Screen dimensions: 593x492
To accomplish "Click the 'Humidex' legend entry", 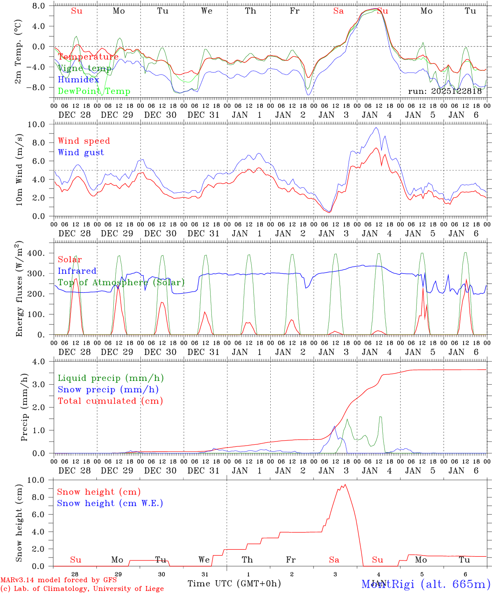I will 79,80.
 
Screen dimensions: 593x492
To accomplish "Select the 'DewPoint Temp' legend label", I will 94,91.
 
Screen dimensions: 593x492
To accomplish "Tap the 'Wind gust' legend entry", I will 81,152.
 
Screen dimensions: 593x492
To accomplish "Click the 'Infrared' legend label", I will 77,271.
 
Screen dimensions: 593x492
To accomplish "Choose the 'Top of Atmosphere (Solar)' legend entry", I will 121,282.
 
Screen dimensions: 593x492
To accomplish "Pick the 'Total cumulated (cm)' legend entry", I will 110,401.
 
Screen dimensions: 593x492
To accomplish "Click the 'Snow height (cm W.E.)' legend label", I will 110,503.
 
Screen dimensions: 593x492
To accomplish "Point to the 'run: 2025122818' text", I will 445,91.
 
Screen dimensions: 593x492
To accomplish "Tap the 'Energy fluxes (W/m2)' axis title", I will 19,289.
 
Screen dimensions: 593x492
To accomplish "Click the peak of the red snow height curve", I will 345,484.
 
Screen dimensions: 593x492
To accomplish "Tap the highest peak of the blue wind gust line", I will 376,127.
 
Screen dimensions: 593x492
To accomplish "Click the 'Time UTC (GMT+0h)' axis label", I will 234,584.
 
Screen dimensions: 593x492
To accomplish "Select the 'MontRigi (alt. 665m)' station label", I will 426,584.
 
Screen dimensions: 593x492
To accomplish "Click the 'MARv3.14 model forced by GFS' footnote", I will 59,580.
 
